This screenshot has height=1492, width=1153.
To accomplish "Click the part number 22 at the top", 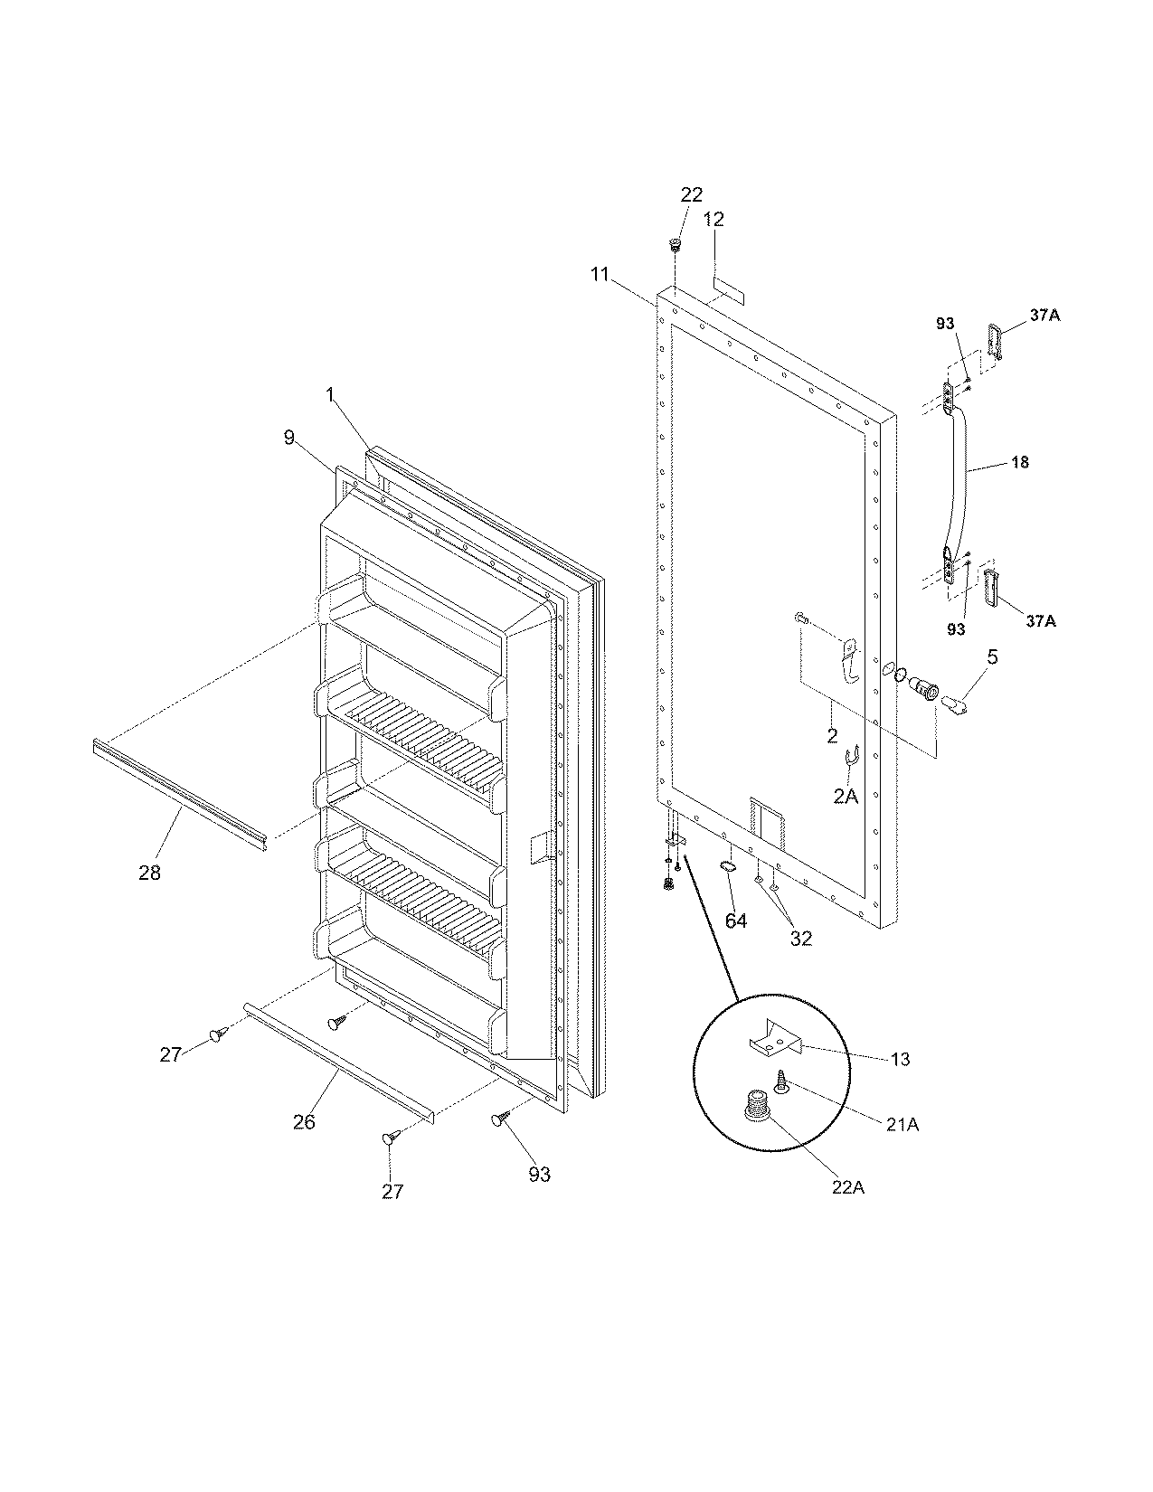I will [691, 194].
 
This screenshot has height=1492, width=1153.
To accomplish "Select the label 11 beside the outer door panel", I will [600, 274].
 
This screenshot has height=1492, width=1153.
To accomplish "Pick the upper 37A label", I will [1044, 315].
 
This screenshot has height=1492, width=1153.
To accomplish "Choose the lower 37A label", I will [1044, 620].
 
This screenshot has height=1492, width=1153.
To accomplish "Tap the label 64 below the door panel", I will [736, 921].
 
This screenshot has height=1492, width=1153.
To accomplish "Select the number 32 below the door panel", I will [800, 939].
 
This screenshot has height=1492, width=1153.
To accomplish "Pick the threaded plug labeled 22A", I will [756, 1105].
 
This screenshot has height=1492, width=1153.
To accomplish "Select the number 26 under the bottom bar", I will [304, 1121].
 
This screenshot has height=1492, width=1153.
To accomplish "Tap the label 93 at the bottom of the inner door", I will [539, 1175].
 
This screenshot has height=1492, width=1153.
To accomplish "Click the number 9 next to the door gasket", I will [288, 438].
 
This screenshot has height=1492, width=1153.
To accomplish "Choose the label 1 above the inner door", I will [330, 394].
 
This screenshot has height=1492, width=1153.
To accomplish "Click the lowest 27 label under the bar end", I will [392, 1191].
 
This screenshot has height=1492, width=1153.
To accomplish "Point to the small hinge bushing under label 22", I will [675, 245].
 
